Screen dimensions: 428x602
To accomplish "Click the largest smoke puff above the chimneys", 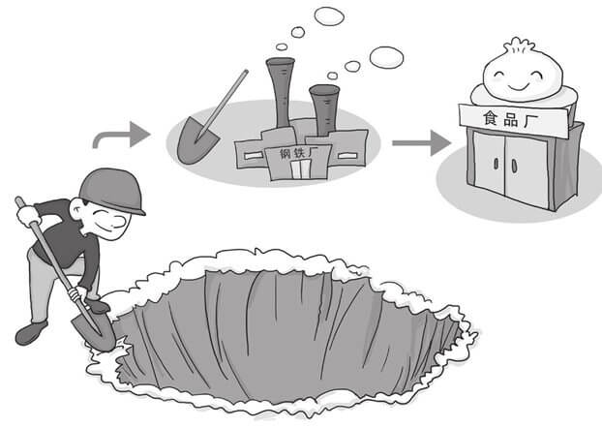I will click(x=386, y=57).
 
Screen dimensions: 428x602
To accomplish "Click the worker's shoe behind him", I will click(x=28, y=333).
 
